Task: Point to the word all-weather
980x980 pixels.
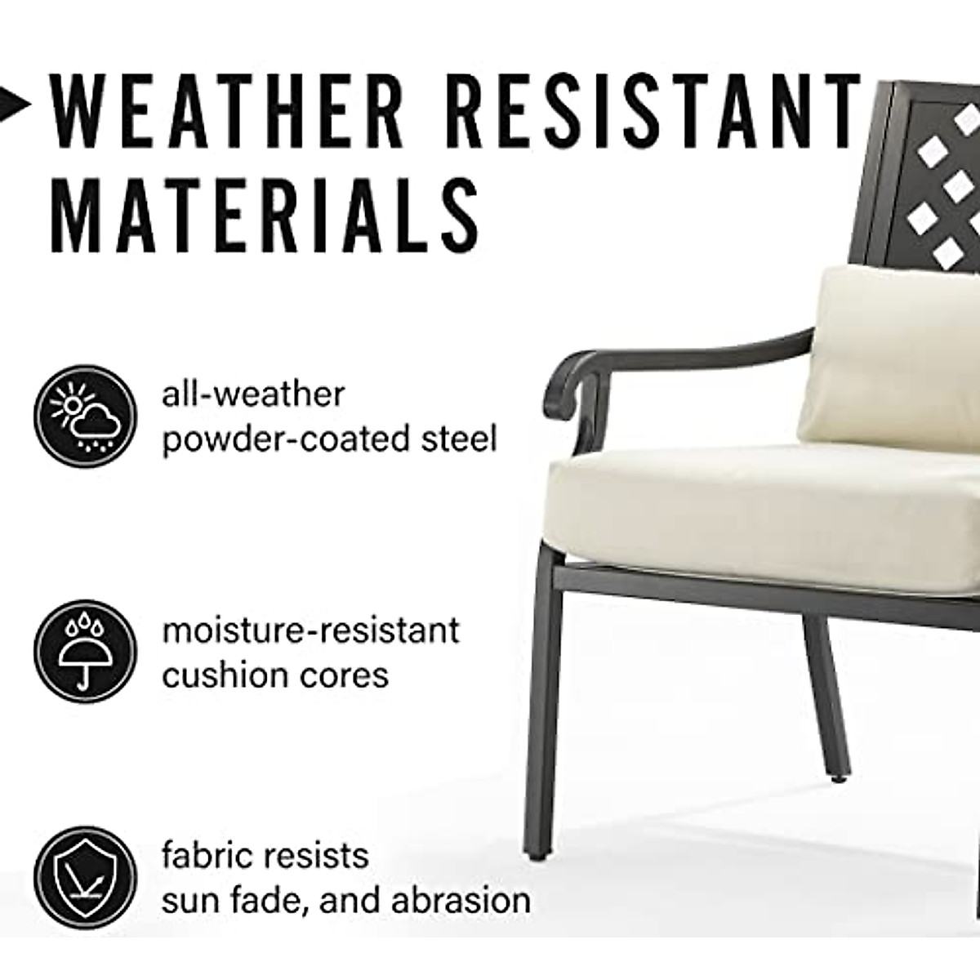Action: (x=253, y=394)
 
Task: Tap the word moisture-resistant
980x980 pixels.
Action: (x=310, y=630)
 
